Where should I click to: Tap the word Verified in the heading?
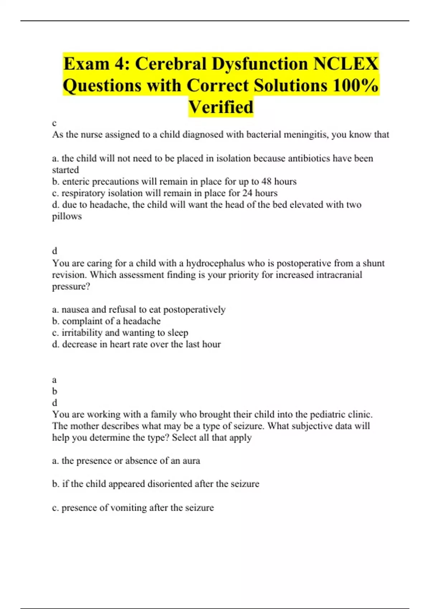pyautogui.click(x=221, y=107)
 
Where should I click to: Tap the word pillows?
pyautogui.click(x=67, y=217)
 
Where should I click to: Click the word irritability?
pyautogui.click(x=82, y=333)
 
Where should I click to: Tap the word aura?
pyautogui.click(x=191, y=461)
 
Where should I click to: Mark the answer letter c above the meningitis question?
pyautogui.click(x=54, y=124)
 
